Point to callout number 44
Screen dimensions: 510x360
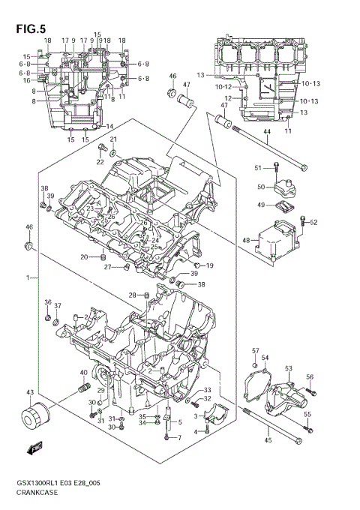coord(266,132)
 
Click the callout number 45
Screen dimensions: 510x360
coord(268,439)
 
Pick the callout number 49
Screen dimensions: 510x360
coord(261,205)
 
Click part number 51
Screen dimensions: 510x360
coord(257,166)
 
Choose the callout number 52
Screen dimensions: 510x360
coord(313,222)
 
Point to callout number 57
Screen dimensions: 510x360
coord(255,351)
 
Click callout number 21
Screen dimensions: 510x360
coord(114,140)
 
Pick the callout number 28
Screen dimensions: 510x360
coord(131,295)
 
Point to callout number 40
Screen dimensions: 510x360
coord(83,372)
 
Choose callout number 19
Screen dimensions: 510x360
coord(210,265)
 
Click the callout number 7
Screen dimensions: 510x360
coord(179,437)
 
